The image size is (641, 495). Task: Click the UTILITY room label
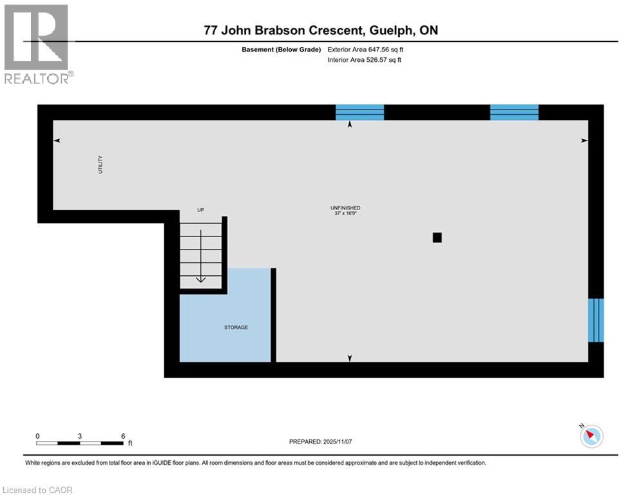(x=100, y=164)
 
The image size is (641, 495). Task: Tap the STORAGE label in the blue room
(x=236, y=327)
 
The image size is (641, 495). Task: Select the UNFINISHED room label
(x=345, y=208)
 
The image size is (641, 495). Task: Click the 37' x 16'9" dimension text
(x=345, y=213)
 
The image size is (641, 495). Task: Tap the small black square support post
(x=437, y=237)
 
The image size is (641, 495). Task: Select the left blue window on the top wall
(x=359, y=112)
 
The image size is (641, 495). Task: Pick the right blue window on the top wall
(x=514, y=112)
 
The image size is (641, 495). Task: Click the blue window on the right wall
(x=596, y=320)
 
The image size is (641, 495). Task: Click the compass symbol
(x=591, y=436)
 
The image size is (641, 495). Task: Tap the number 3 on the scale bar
(x=79, y=436)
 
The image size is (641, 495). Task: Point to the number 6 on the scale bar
(x=122, y=436)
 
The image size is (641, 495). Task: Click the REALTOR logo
(x=37, y=44)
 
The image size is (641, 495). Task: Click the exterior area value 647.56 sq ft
(x=373, y=49)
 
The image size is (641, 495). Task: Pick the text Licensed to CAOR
(x=38, y=490)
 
